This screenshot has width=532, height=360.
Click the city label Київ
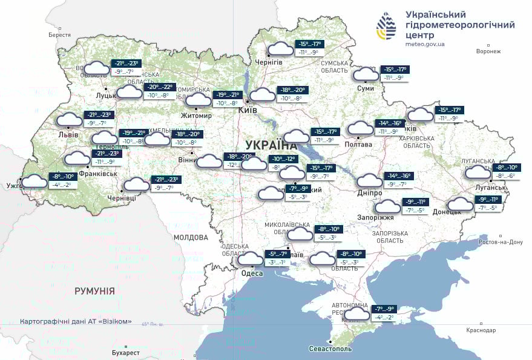(248, 110)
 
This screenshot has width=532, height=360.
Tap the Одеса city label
(252, 273)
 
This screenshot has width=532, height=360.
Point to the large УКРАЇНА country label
(272, 145)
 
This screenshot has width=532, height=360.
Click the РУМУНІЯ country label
(94, 291)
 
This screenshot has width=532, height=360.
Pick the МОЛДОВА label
(191, 238)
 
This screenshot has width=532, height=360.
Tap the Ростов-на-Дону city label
(499, 242)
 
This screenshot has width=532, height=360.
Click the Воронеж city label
(488, 51)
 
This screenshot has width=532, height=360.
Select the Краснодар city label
(481, 330)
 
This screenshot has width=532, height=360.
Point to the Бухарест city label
(126, 352)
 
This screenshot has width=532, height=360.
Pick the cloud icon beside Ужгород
(34, 180)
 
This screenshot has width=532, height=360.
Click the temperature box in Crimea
(385, 313)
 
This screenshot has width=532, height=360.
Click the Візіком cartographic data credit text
(76, 321)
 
